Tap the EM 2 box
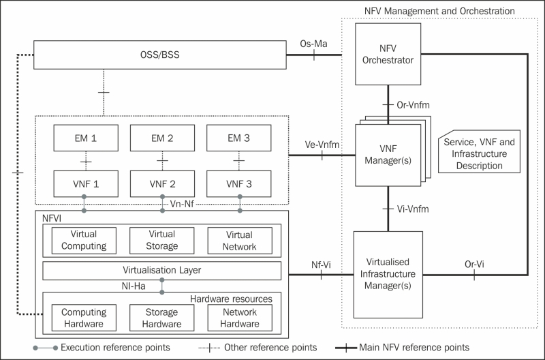[162, 139]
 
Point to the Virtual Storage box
[162, 240]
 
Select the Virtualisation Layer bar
[162, 270]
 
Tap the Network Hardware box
[239, 318]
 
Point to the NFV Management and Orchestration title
[439, 12]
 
